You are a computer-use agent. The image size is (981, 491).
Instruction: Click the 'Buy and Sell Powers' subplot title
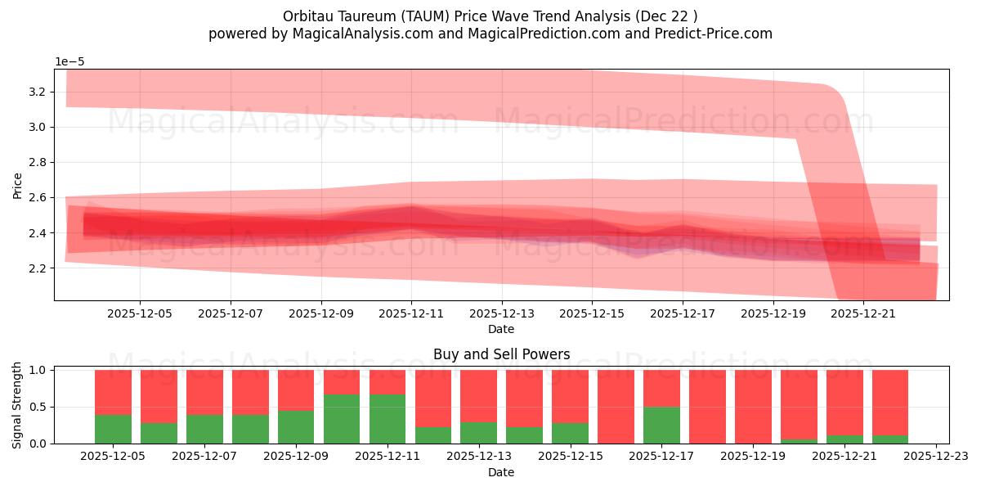[501, 354]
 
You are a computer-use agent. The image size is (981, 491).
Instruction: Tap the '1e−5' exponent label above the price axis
[69, 62]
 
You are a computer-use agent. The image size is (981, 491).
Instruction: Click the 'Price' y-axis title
[18, 185]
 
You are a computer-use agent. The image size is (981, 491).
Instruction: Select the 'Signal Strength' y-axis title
[18, 404]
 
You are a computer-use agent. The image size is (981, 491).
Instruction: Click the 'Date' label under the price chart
[501, 329]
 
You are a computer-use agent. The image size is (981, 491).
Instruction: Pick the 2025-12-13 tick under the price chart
[501, 313]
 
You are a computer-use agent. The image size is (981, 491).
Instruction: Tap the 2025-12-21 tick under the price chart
[863, 313]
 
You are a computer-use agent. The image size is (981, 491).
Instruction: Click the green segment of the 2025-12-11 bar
[387, 419]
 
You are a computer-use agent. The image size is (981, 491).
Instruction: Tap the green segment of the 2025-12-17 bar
[661, 426]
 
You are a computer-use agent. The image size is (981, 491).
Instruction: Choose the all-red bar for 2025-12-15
[616, 407]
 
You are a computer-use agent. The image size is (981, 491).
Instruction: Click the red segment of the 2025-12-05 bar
[114, 392]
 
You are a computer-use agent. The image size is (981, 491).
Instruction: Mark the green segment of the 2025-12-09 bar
[296, 427]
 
